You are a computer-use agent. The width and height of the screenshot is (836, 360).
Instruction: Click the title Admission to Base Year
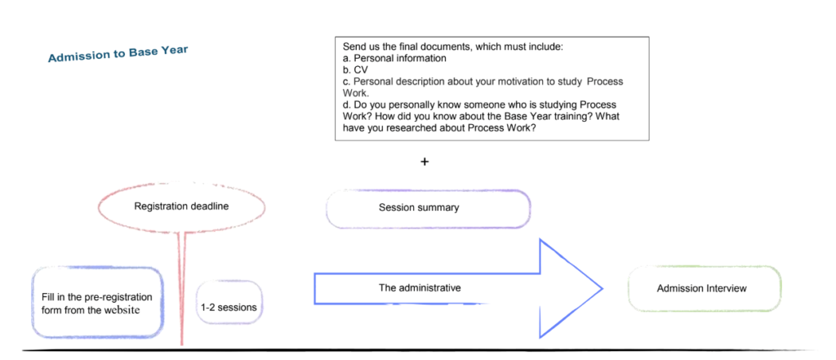pos(118,54)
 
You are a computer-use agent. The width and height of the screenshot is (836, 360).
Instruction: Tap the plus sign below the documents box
pos(425,162)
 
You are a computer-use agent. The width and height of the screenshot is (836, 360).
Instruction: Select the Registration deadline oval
pos(181,207)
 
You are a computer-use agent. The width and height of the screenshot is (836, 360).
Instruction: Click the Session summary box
pos(428,208)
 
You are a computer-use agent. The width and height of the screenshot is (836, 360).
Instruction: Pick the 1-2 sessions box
pos(229,302)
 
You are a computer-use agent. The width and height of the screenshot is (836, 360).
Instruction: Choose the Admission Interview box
pos(705,288)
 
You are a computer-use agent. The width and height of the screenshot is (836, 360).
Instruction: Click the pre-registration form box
pos(96,302)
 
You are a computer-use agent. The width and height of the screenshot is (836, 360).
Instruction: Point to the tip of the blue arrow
pos(603,289)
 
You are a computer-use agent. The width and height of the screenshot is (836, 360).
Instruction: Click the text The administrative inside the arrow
pos(420,288)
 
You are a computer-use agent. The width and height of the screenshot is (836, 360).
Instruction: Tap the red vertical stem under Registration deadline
pos(182,288)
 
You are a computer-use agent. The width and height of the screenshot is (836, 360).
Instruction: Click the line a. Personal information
pos(394,59)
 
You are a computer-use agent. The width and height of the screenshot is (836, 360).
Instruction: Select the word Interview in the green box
pos(727,288)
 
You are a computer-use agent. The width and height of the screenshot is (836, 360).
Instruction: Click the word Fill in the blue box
pos(47,297)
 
